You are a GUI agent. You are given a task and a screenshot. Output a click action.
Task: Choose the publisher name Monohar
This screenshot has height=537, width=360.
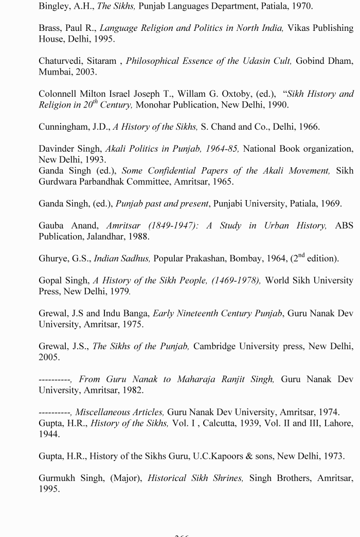click(157, 105)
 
